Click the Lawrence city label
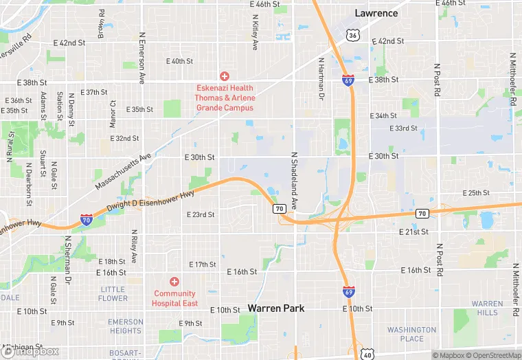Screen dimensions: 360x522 click(x=376, y=13)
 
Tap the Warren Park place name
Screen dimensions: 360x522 click(x=276, y=308)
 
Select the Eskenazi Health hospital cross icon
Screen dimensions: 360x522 click(x=224, y=76)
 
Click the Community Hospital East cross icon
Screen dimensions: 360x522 click(x=174, y=282)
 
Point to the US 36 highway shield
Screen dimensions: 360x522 click(x=352, y=34)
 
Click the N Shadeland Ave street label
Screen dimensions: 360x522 click(x=294, y=181)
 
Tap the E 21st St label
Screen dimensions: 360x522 click(x=413, y=232)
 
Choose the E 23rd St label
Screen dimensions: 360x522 click(x=201, y=215)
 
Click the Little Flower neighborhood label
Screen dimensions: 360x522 click(x=113, y=294)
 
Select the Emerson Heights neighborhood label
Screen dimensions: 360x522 click(x=126, y=326)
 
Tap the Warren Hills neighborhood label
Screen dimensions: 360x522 click(x=488, y=308)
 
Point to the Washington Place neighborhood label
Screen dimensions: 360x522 click(x=411, y=334)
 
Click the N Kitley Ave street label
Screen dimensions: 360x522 click(x=255, y=32)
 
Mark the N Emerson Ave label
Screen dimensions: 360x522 click(x=142, y=58)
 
